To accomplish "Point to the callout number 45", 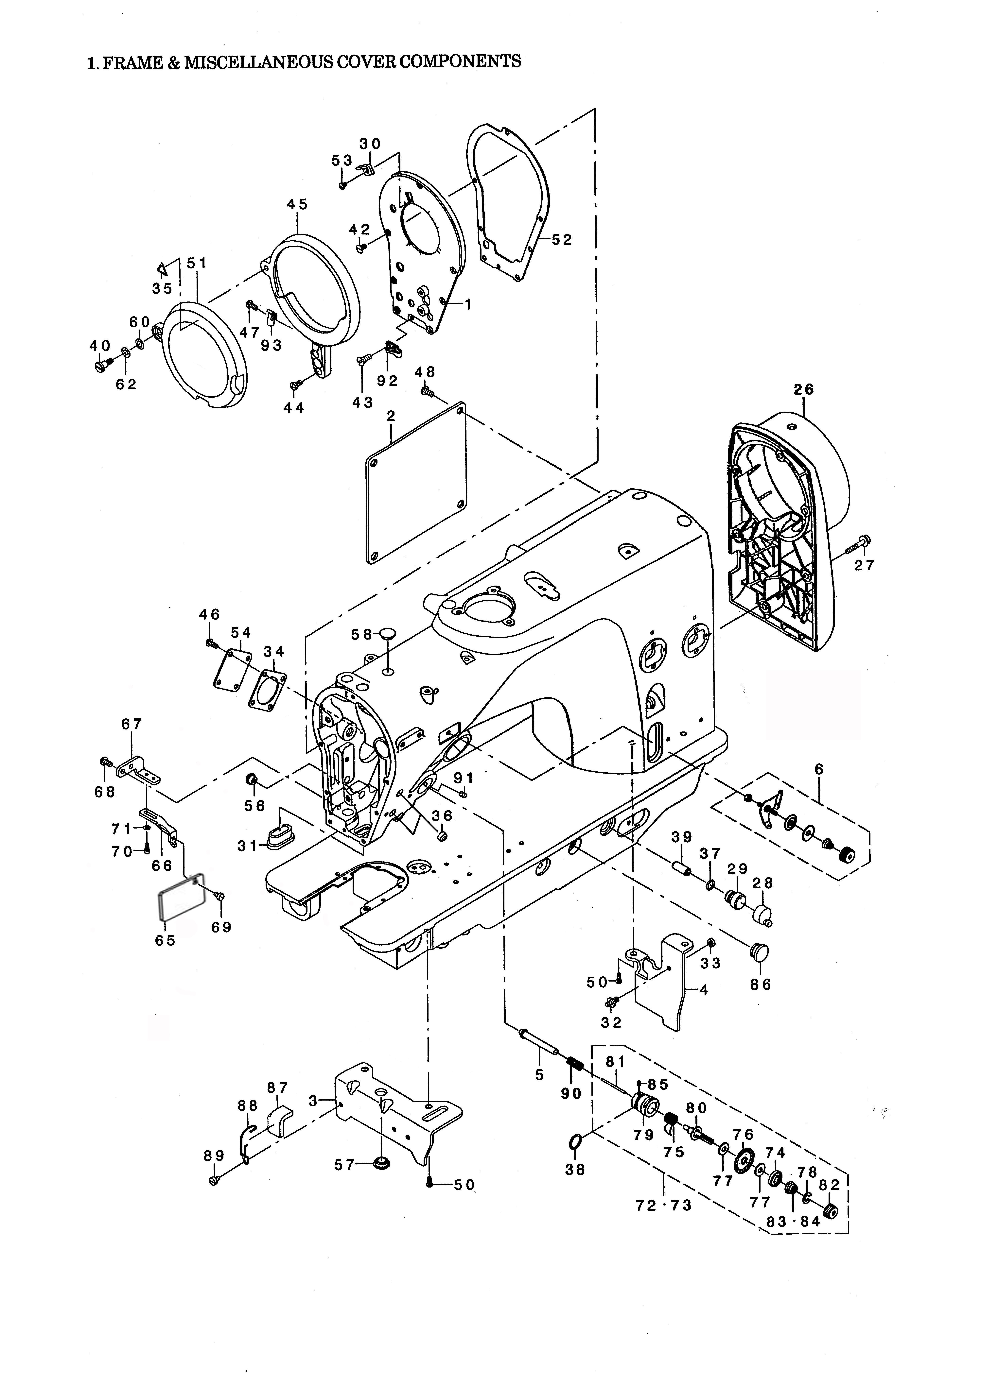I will pos(297,204).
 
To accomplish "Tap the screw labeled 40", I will pos(102,366).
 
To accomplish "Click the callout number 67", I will pos(132,724).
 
